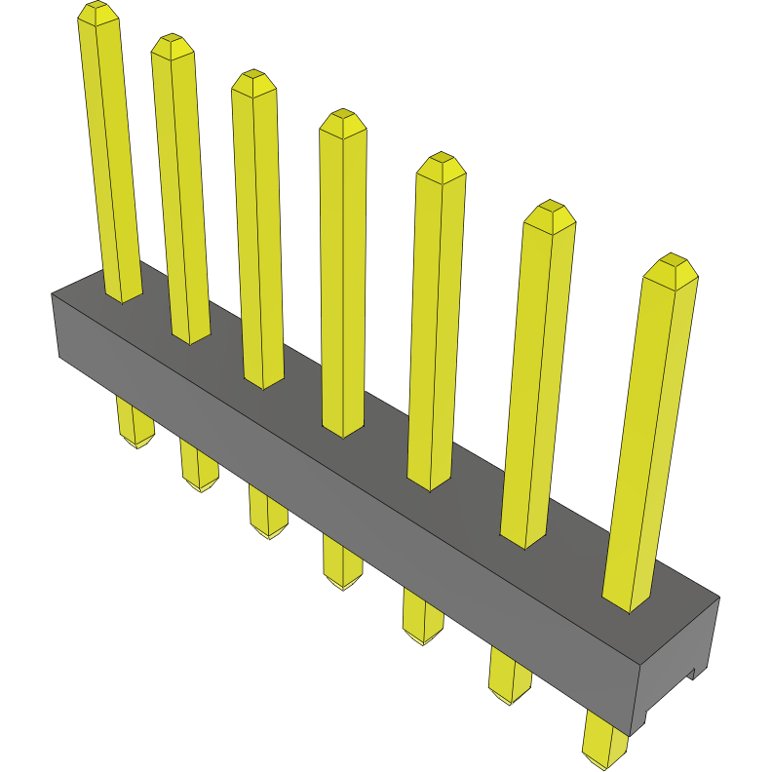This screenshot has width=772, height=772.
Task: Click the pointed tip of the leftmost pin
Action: coord(98,12)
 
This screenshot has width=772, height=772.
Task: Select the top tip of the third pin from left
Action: coord(253,80)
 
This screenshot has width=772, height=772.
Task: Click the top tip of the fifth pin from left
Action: coord(441,164)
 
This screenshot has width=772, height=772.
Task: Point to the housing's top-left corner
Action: coord(53,293)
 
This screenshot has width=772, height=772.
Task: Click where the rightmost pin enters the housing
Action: coord(628,602)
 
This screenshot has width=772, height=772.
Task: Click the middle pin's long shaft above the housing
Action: coord(342,273)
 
